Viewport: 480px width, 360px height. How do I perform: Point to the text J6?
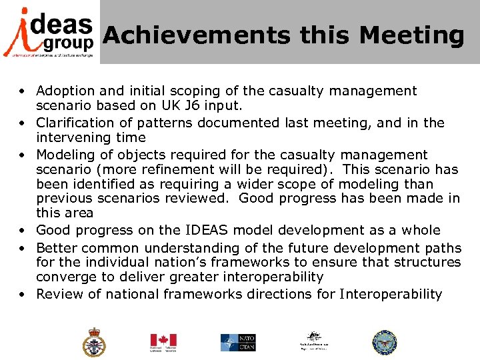tap(203, 106)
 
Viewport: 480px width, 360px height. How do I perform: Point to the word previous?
tap(63, 199)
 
